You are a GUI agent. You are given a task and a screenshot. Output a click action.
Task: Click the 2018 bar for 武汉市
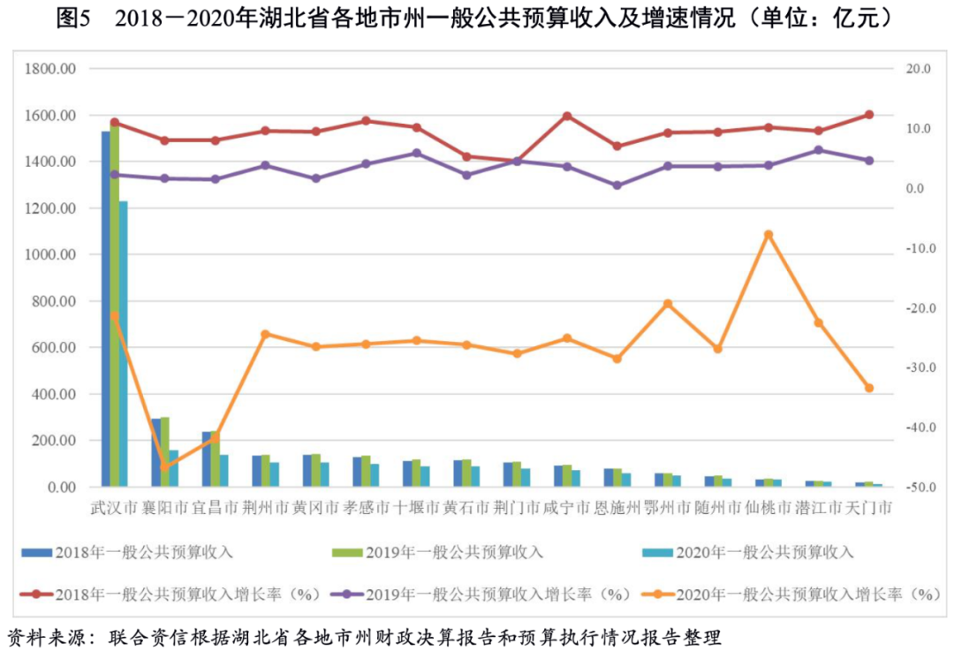[x=105, y=309]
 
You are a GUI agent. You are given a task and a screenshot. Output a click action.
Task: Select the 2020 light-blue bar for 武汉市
[x=124, y=344]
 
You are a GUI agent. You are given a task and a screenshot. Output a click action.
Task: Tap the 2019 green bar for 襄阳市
[x=164, y=451]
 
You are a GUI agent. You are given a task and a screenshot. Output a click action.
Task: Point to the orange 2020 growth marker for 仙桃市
[x=768, y=235]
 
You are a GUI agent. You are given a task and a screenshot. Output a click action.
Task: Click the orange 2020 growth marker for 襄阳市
[x=164, y=466]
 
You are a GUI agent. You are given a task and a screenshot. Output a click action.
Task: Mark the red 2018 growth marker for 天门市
[x=869, y=115]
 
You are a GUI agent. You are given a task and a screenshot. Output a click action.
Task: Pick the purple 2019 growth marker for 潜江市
[x=819, y=150]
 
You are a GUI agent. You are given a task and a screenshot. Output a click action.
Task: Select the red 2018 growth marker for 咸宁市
[x=567, y=117]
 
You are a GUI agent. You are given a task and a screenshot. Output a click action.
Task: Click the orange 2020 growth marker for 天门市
[x=869, y=388]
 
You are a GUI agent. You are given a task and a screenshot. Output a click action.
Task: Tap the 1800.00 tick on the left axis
[x=54, y=69]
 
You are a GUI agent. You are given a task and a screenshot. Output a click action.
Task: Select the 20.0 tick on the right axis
[x=917, y=69]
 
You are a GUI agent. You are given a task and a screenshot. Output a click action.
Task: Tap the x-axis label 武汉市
[x=115, y=509]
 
